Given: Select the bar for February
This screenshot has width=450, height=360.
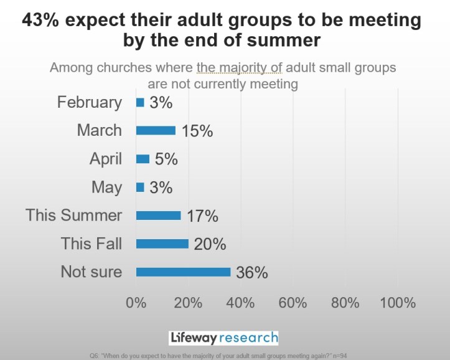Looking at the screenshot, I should click(140, 102).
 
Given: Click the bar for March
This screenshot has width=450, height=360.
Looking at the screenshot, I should click(156, 131).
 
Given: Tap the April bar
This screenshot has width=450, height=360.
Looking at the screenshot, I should click(143, 159).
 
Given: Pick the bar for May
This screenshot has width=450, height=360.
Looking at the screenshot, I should click(140, 187).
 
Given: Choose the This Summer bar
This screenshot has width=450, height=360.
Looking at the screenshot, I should click(158, 216).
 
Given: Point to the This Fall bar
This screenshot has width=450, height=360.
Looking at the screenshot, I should click(162, 244).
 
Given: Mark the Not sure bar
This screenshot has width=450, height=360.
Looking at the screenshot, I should click(183, 272).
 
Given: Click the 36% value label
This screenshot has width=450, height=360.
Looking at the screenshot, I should click(252, 272).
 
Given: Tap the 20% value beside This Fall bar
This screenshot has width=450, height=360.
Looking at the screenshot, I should click(210, 244).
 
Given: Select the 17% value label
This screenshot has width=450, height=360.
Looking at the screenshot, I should click(202, 216).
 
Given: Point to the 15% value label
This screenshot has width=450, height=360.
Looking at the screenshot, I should click(197, 131).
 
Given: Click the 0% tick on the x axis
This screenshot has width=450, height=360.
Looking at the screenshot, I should click(136, 303).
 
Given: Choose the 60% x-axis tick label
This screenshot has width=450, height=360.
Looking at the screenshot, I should click(293, 303).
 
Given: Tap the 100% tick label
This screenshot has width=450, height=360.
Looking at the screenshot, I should click(397, 303).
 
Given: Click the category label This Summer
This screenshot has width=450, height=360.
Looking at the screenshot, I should click(74, 216).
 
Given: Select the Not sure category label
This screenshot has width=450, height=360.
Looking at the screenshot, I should click(91, 272).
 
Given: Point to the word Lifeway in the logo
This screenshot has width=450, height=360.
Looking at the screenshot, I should click(195, 338).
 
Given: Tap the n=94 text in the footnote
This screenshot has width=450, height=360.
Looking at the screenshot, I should click(337, 355).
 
